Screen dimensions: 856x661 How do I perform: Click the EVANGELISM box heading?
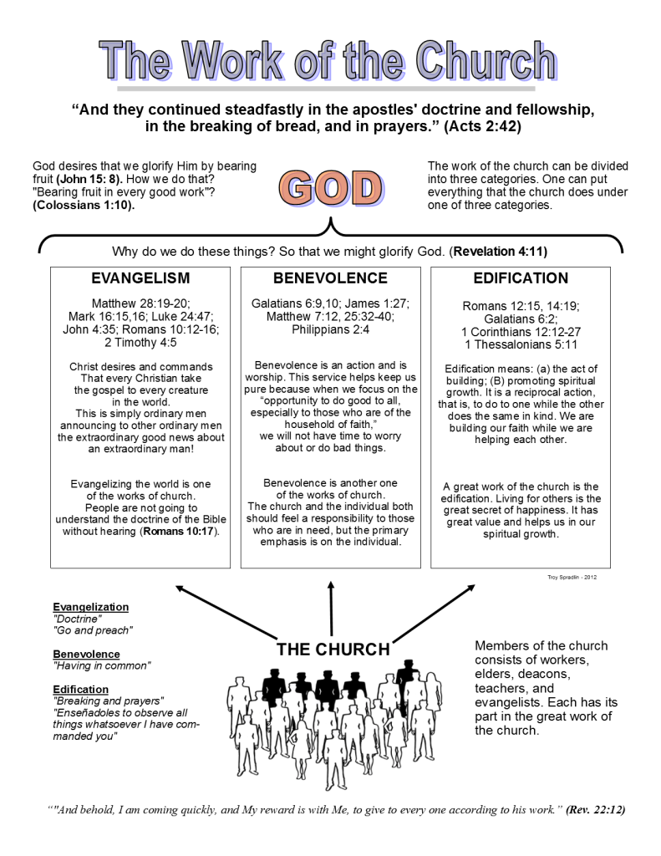140,278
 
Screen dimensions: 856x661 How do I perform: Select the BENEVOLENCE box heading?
330,278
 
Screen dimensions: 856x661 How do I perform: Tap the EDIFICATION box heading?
521,278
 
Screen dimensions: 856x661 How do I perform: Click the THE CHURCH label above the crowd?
333,650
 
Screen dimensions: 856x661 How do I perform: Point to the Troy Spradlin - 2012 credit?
572,577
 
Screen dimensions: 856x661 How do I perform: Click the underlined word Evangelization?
90,607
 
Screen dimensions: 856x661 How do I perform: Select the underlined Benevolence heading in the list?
86,654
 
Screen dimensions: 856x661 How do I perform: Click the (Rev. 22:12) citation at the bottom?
595,809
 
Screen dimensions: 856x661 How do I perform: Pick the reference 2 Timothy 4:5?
140,342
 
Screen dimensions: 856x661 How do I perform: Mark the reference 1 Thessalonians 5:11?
521,344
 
